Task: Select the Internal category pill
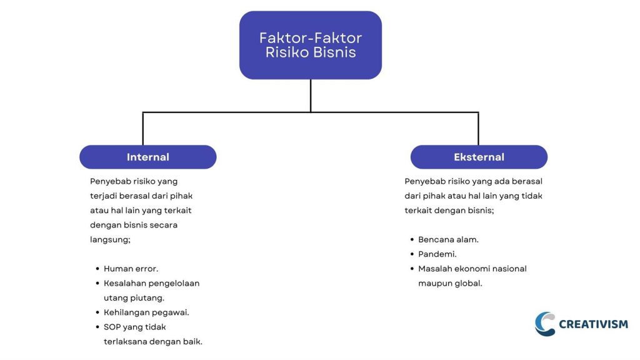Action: tap(147, 157)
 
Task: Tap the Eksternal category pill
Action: tap(479, 157)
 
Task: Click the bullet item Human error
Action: tap(131, 269)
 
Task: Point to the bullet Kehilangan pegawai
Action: tap(146, 312)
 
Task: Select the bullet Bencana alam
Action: tap(448, 239)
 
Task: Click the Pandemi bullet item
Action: tap(437, 254)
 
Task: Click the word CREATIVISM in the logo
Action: tap(593, 324)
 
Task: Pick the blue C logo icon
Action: tap(545, 324)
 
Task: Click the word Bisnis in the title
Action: tap(335, 52)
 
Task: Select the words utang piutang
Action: tap(134, 298)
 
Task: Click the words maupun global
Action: tap(450, 283)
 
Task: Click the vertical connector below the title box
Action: tap(311, 95)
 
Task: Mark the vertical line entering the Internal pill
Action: tap(143, 129)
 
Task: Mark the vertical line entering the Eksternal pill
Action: tap(478, 129)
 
